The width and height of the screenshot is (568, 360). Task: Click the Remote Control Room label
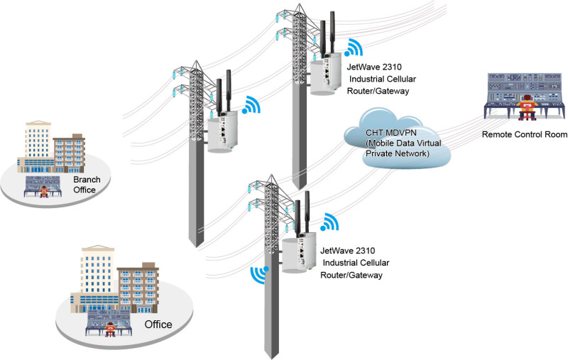coord(524,135)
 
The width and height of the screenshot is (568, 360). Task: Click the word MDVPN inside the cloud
coord(406,133)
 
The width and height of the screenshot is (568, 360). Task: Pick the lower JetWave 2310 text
coord(348,251)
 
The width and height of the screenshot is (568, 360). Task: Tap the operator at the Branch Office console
coord(45,192)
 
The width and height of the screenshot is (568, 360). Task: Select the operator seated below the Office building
coord(111,327)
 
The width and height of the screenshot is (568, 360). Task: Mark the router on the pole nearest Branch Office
coord(222,131)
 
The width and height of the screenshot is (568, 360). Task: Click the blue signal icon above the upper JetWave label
coord(354,49)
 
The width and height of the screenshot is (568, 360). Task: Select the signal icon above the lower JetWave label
coord(328,223)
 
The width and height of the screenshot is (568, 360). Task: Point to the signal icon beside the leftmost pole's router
coord(250,107)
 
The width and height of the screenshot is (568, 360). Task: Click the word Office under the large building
coord(158,324)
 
